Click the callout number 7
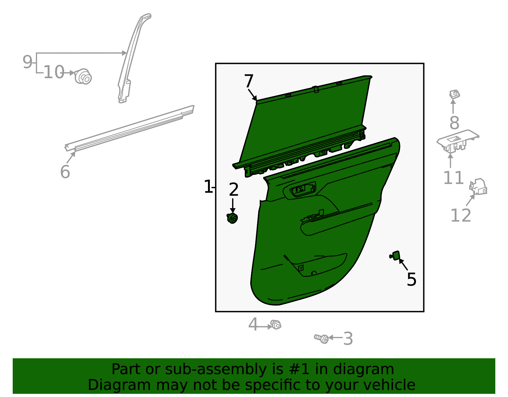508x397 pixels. [249, 81]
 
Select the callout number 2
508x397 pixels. [234, 190]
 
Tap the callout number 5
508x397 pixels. [411, 280]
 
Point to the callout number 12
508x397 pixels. [461, 216]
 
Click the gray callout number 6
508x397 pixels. [65, 172]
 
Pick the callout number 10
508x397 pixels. [54, 72]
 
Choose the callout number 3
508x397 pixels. [348, 339]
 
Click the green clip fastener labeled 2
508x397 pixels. [233, 218]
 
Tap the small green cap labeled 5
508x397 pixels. [395, 256]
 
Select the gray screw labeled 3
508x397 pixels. [322, 339]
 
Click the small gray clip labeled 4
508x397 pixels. [276, 325]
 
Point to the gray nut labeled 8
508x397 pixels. [455, 94]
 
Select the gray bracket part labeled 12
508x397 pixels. [478, 187]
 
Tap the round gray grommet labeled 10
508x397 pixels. [83, 77]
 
